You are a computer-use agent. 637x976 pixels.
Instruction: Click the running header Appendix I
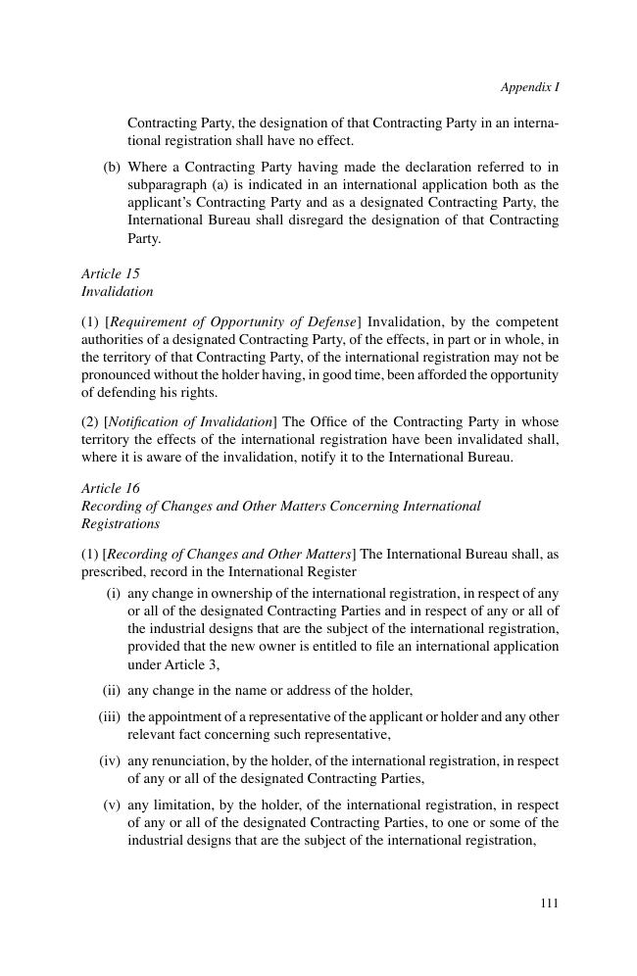pos(529,87)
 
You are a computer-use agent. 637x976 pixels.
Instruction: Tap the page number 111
pos(549,903)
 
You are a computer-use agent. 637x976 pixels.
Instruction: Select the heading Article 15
pos(111,273)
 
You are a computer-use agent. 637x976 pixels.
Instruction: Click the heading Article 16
pos(111,488)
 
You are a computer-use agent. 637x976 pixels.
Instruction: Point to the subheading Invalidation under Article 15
pos(118,291)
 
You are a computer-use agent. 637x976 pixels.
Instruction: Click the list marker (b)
pos(112,167)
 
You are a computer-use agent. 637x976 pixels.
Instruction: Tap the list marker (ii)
pos(112,690)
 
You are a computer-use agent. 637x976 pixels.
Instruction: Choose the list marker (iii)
pos(110,716)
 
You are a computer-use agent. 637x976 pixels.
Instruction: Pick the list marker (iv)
pos(110,760)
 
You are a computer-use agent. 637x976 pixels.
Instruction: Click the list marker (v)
pos(112,805)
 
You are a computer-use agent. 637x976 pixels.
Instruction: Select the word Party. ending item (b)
pos(144,238)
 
